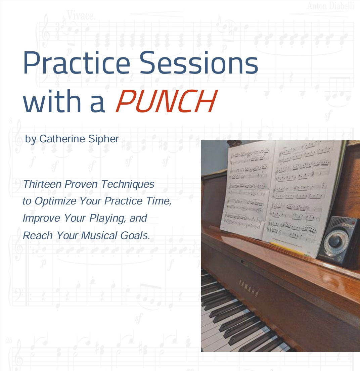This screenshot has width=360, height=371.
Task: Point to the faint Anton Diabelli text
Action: click(331, 6)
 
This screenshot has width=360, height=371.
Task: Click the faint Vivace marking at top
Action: click(81, 15)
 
